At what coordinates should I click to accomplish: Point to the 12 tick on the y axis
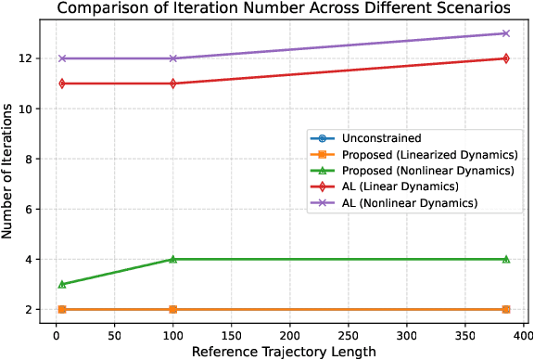click(29, 58)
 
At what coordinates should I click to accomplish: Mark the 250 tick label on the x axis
click(348, 330)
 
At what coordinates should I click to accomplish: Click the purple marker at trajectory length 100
click(172, 58)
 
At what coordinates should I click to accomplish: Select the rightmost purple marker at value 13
click(505, 33)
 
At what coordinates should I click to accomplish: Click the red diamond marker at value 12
click(505, 58)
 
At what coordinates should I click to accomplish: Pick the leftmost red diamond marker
click(62, 84)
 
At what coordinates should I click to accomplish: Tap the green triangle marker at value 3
click(62, 284)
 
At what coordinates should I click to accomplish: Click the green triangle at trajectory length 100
click(172, 259)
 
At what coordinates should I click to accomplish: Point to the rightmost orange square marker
click(505, 309)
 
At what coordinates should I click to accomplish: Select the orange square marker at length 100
click(172, 309)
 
